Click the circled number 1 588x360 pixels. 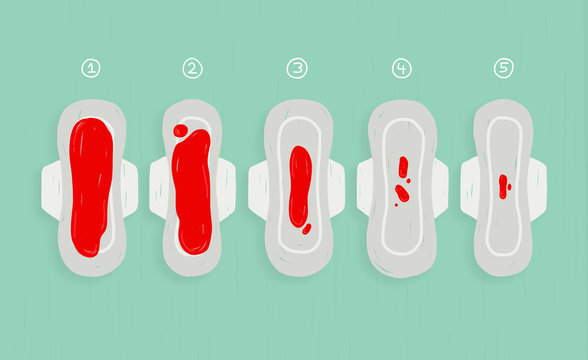point(91,68)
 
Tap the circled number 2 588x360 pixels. point(192,68)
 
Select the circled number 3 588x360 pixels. point(297,68)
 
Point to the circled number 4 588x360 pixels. point(401,68)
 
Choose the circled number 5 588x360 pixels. point(504,68)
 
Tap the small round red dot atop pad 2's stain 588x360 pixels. point(180,130)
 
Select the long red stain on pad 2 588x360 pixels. point(192,195)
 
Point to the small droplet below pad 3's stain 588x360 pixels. point(306,228)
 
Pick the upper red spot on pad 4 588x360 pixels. point(402,167)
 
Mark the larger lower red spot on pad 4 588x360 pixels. point(402,192)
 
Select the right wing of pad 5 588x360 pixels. point(537,188)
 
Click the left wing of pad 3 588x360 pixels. point(257,189)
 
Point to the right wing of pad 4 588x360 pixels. point(440,188)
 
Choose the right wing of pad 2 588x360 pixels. point(228,188)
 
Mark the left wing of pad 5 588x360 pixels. point(468,188)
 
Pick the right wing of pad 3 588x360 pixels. point(337,189)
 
